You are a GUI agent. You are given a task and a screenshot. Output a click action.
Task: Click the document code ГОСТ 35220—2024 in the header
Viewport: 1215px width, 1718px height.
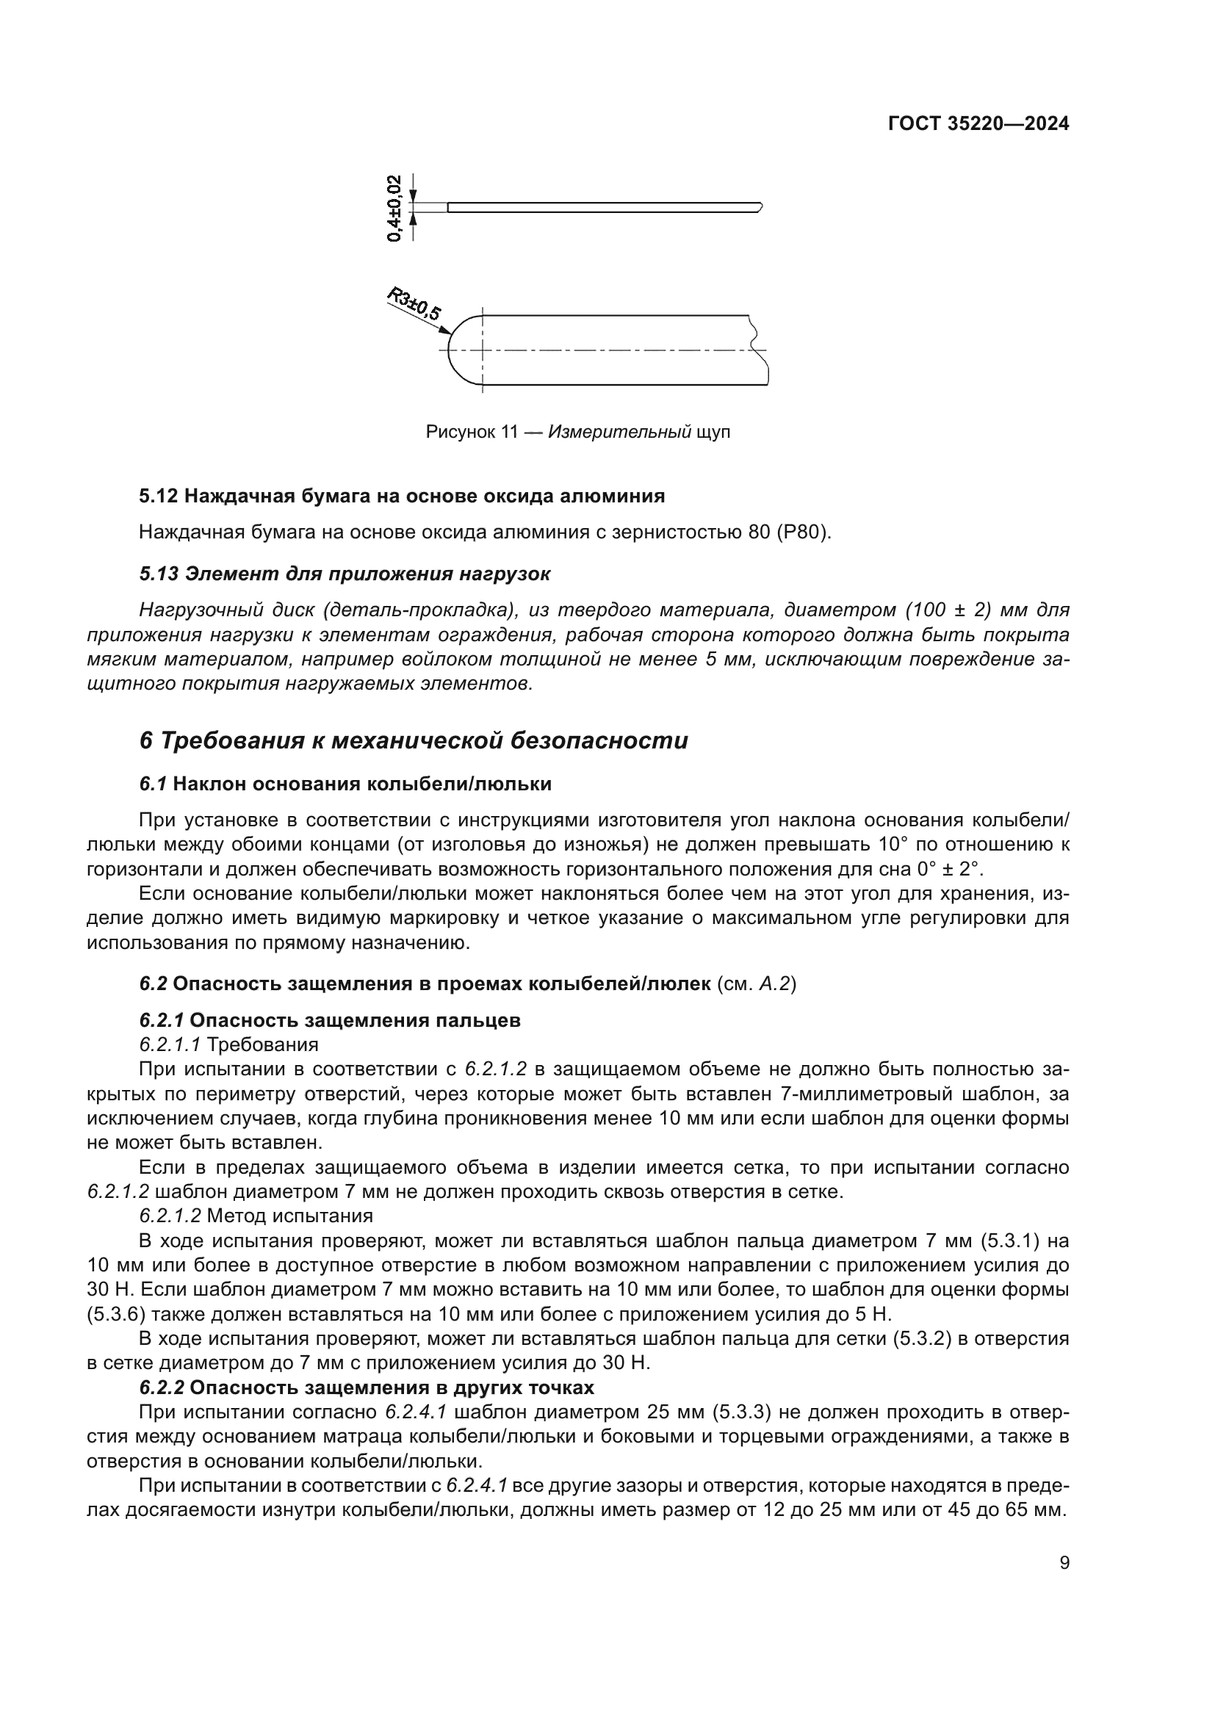tap(978, 124)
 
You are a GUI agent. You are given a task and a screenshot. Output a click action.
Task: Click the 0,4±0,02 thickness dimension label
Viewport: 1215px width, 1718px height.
tap(394, 207)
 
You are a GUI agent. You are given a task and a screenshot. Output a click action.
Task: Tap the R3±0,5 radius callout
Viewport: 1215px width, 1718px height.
tap(414, 303)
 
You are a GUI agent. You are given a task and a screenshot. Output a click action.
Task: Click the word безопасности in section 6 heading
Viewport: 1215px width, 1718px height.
tap(599, 741)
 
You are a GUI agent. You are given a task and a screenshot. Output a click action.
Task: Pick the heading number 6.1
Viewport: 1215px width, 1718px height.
tap(153, 784)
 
